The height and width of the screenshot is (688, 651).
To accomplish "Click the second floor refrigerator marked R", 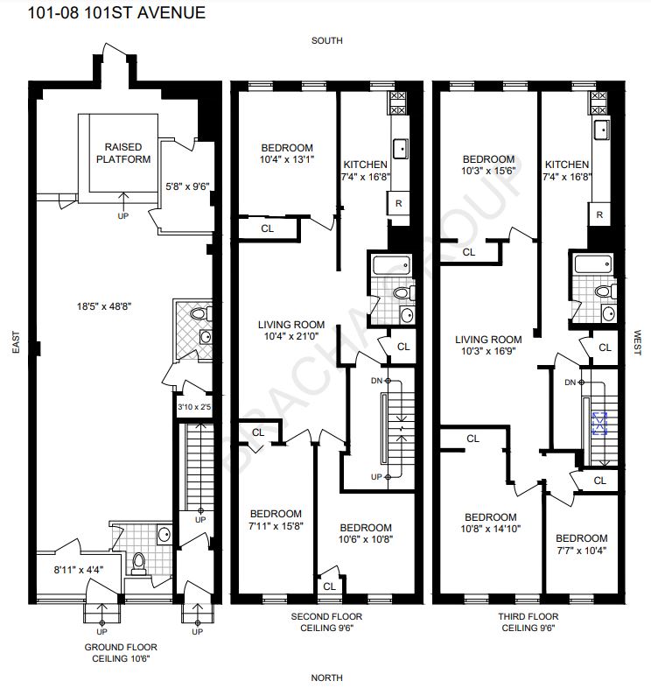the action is (x=398, y=203).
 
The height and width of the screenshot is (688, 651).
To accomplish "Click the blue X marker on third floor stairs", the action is (x=600, y=424).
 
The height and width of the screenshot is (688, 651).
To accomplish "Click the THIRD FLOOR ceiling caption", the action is (x=526, y=622).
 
